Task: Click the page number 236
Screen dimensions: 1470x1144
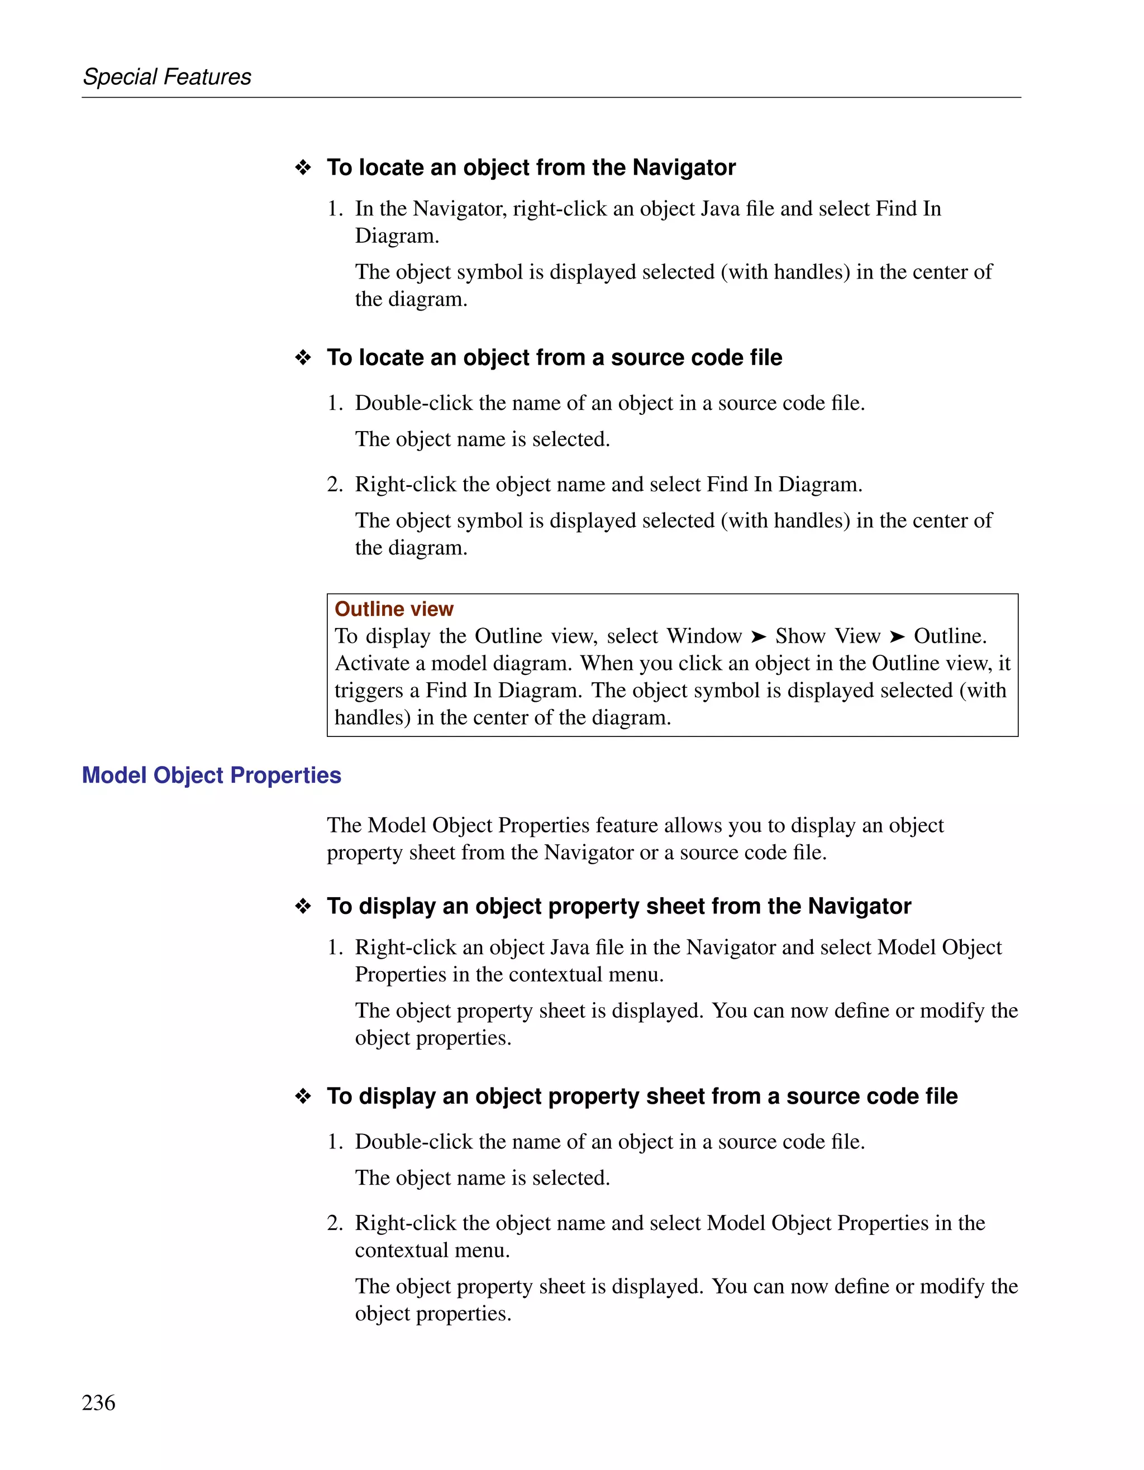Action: pos(98,1402)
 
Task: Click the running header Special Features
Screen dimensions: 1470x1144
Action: pos(166,76)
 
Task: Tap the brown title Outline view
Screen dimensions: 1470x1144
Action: pos(393,609)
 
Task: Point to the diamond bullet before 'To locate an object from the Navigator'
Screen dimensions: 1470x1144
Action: pos(303,167)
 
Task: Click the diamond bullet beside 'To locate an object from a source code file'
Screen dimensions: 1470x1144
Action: pos(303,357)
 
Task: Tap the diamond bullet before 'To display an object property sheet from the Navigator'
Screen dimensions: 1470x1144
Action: pos(303,906)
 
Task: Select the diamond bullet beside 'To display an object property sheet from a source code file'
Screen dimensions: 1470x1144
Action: pos(303,1096)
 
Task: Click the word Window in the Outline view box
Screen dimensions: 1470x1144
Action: pos(704,636)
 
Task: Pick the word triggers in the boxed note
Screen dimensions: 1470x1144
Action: pos(368,691)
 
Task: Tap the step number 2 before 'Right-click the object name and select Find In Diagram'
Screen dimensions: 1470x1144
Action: pos(334,484)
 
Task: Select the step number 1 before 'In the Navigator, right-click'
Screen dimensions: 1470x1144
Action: pos(334,209)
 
